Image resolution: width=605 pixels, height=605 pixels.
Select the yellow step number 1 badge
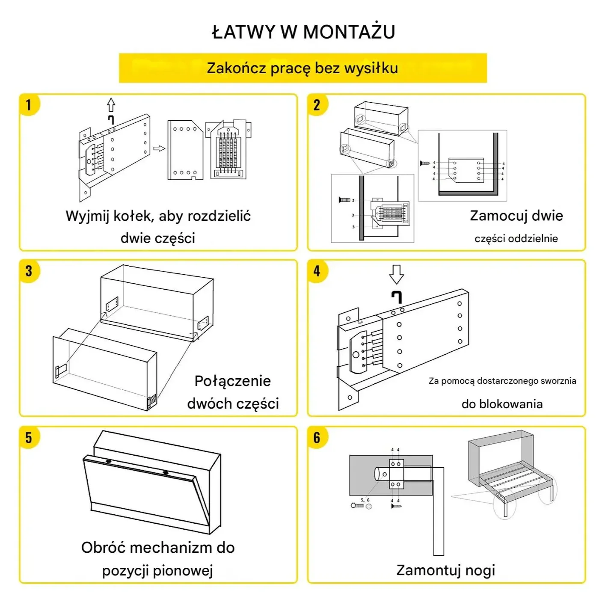pos(29,105)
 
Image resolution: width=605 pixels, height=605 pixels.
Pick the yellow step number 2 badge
pos(317,105)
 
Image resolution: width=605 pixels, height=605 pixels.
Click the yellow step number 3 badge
pos(29,271)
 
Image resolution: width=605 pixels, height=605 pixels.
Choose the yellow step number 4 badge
pos(317,271)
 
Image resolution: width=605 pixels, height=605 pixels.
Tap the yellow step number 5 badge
pos(29,437)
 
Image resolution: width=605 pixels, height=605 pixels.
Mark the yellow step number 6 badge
pos(317,437)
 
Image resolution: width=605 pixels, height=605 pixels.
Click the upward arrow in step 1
pos(111,104)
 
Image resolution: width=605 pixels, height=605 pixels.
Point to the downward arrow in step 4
pos(397,274)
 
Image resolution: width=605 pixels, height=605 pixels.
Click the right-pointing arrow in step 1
pos(159,148)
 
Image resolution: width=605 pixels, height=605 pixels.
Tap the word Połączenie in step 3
pos(232,381)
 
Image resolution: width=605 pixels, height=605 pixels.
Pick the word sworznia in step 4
pos(558,381)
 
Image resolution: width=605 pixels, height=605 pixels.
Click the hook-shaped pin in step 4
pos(397,296)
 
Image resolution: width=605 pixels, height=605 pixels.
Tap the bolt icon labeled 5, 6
pos(357,506)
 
